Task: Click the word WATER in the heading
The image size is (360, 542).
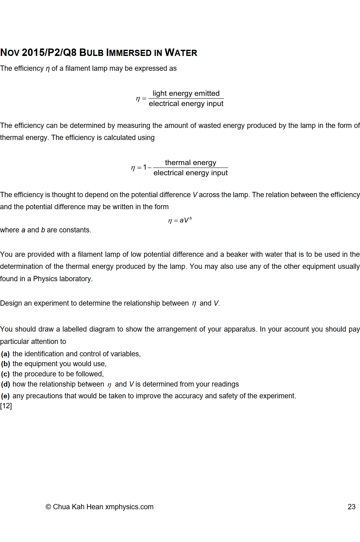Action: pyautogui.click(x=181, y=53)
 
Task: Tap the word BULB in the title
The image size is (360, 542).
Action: pyautogui.click(x=91, y=53)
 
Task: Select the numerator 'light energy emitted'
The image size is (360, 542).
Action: pyautogui.click(x=186, y=93)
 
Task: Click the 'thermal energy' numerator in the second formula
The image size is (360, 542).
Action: pyautogui.click(x=190, y=163)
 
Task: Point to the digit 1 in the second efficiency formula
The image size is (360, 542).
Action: pyautogui.click(x=145, y=167)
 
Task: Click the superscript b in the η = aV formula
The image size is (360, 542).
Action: pyautogui.click(x=190, y=218)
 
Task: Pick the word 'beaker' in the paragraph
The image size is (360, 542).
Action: pyautogui.click(x=237, y=254)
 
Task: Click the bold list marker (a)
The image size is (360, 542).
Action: pyautogui.click(x=5, y=354)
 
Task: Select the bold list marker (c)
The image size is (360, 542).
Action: pyautogui.click(x=5, y=374)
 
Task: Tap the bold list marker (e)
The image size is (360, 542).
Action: pyautogui.click(x=5, y=396)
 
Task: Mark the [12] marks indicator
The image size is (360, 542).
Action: pyautogui.click(x=6, y=406)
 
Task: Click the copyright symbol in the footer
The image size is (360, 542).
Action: pyautogui.click(x=48, y=507)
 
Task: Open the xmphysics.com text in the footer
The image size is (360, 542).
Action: pyautogui.click(x=129, y=507)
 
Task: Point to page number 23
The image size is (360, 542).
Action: pyautogui.click(x=351, y=507)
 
